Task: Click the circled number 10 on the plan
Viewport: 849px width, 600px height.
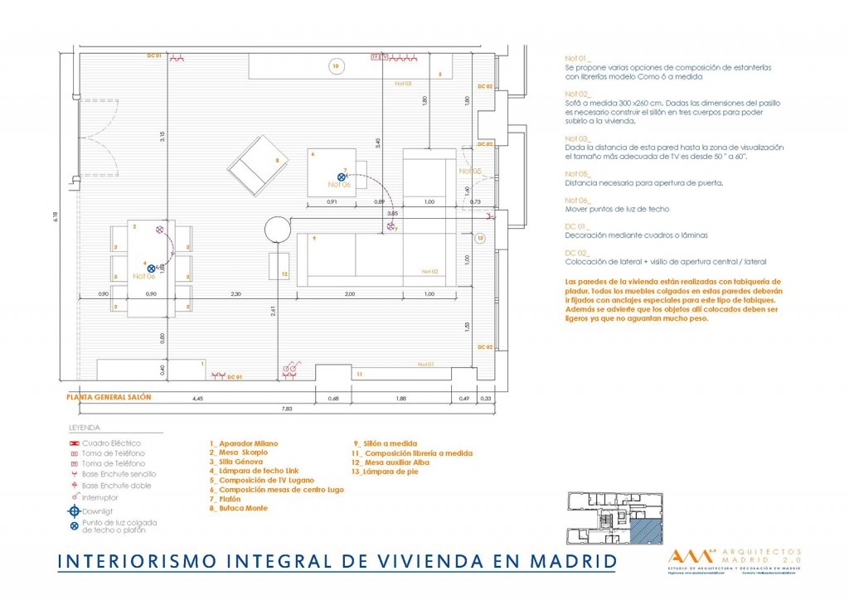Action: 336,66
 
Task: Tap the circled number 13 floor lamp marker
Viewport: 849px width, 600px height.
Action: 481,237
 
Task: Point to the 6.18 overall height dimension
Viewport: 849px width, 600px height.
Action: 56,216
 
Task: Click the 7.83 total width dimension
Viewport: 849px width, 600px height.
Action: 287,408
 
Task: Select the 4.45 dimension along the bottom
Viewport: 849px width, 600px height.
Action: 196,399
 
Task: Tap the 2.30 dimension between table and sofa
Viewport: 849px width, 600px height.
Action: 235,294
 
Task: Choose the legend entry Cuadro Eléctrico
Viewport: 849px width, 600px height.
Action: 111,443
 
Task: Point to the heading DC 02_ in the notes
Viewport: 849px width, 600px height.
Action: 577,253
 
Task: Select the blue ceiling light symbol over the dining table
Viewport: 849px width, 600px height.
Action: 151,268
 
